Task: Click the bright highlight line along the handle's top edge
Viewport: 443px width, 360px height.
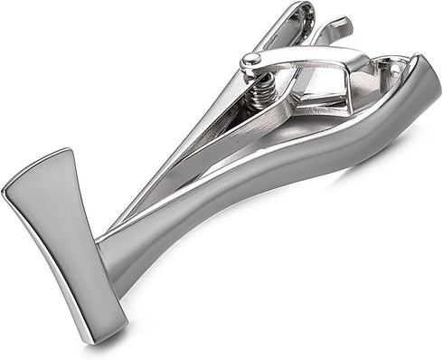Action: point(271,145)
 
